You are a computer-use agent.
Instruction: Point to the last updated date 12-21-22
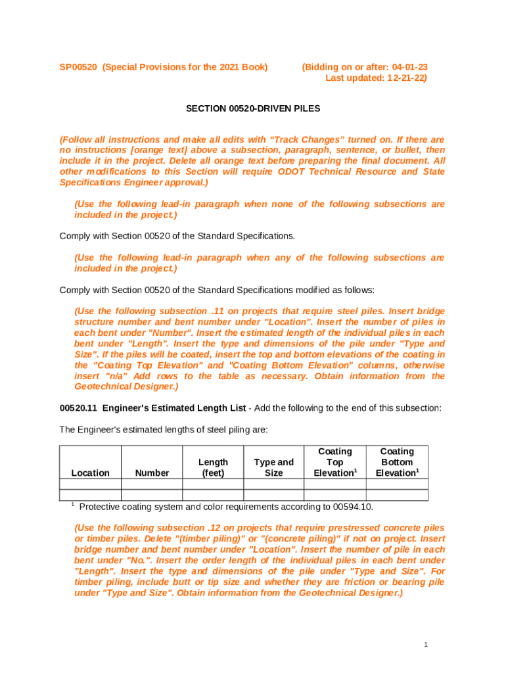405,78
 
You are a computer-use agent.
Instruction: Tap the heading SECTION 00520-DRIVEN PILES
252,108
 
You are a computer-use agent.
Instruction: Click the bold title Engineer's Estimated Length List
174,408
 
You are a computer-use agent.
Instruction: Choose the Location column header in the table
90,473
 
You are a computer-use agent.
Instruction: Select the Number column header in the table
152,473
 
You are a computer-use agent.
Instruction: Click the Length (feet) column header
213,467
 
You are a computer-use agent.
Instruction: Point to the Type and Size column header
273,467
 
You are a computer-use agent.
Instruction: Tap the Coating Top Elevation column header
334,462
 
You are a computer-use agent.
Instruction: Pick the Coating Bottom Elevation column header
397,462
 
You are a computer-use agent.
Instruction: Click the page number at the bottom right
426,645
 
